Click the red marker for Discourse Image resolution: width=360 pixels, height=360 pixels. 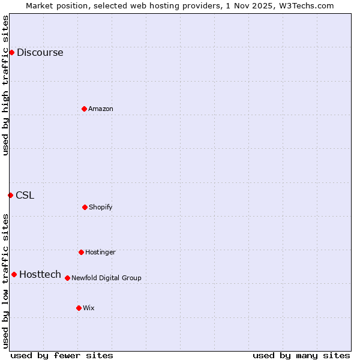click(11, 52)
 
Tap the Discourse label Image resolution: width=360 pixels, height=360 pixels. click(40, 53)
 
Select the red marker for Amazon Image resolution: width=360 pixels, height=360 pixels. click(84, 109)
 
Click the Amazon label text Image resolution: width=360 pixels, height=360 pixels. click(101, 109)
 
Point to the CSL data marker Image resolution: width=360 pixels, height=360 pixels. click(10, 195)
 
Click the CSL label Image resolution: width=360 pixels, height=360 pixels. click(25, 196)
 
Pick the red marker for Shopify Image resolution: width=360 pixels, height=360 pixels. click(85, 207)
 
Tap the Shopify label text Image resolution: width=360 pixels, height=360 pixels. click(100, 208)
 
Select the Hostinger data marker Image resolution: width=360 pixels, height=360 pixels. click(81, 252)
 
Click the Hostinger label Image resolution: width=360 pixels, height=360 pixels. click(100, 253)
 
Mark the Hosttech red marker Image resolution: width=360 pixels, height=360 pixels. click(14, 274)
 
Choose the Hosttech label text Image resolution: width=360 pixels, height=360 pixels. click(40, 275)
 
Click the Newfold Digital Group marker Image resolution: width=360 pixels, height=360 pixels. click(67, 278)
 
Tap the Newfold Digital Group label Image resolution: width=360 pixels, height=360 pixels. click(106, 278)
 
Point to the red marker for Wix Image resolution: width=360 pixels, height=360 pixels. click(79, 308)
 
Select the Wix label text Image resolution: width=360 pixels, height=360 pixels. click(89, 308)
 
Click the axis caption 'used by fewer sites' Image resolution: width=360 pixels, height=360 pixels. click(62, 356)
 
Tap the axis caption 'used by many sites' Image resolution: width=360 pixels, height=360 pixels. click(301, 356)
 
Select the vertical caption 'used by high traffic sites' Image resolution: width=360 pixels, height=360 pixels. click(5, 85)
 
